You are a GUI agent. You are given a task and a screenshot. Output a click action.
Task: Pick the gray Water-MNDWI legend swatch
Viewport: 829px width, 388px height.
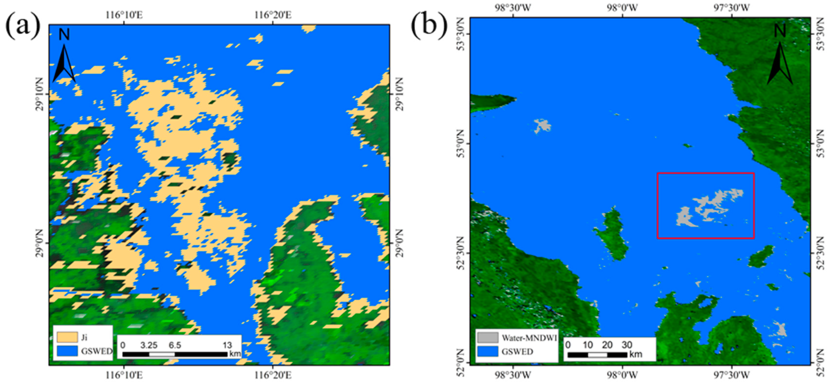tap(487, 337)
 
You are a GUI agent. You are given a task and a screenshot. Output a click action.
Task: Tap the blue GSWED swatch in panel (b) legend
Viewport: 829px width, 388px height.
tap(487, 351)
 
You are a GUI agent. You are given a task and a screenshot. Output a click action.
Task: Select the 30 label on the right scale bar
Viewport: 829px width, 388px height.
tap(627, 345)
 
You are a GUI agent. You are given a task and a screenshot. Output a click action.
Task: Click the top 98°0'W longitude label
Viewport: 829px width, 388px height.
tap(622, 7)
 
